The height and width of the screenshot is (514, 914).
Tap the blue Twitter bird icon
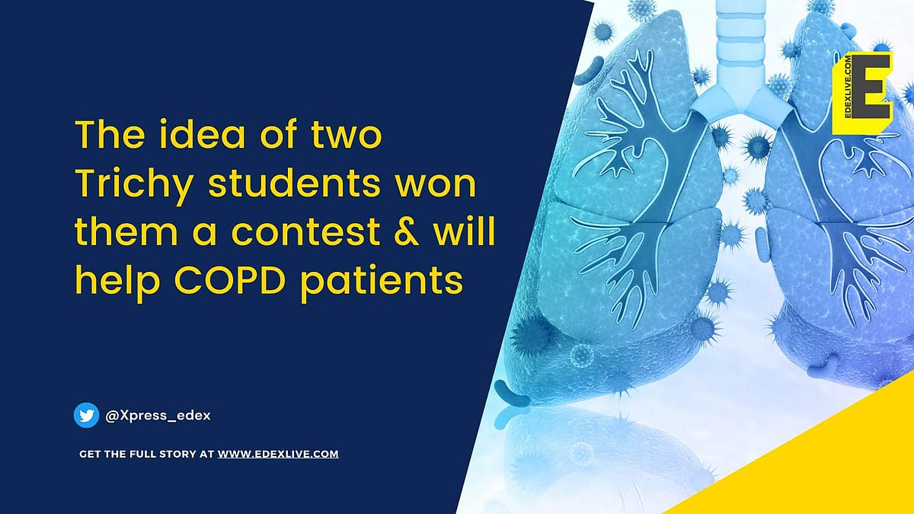pyautogui.click(x=87, y=416)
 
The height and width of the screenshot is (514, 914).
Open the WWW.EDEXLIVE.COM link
pyautogui.click(x=278, y=454)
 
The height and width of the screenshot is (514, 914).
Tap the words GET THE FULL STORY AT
pyautogui.click(x=147, y=454)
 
